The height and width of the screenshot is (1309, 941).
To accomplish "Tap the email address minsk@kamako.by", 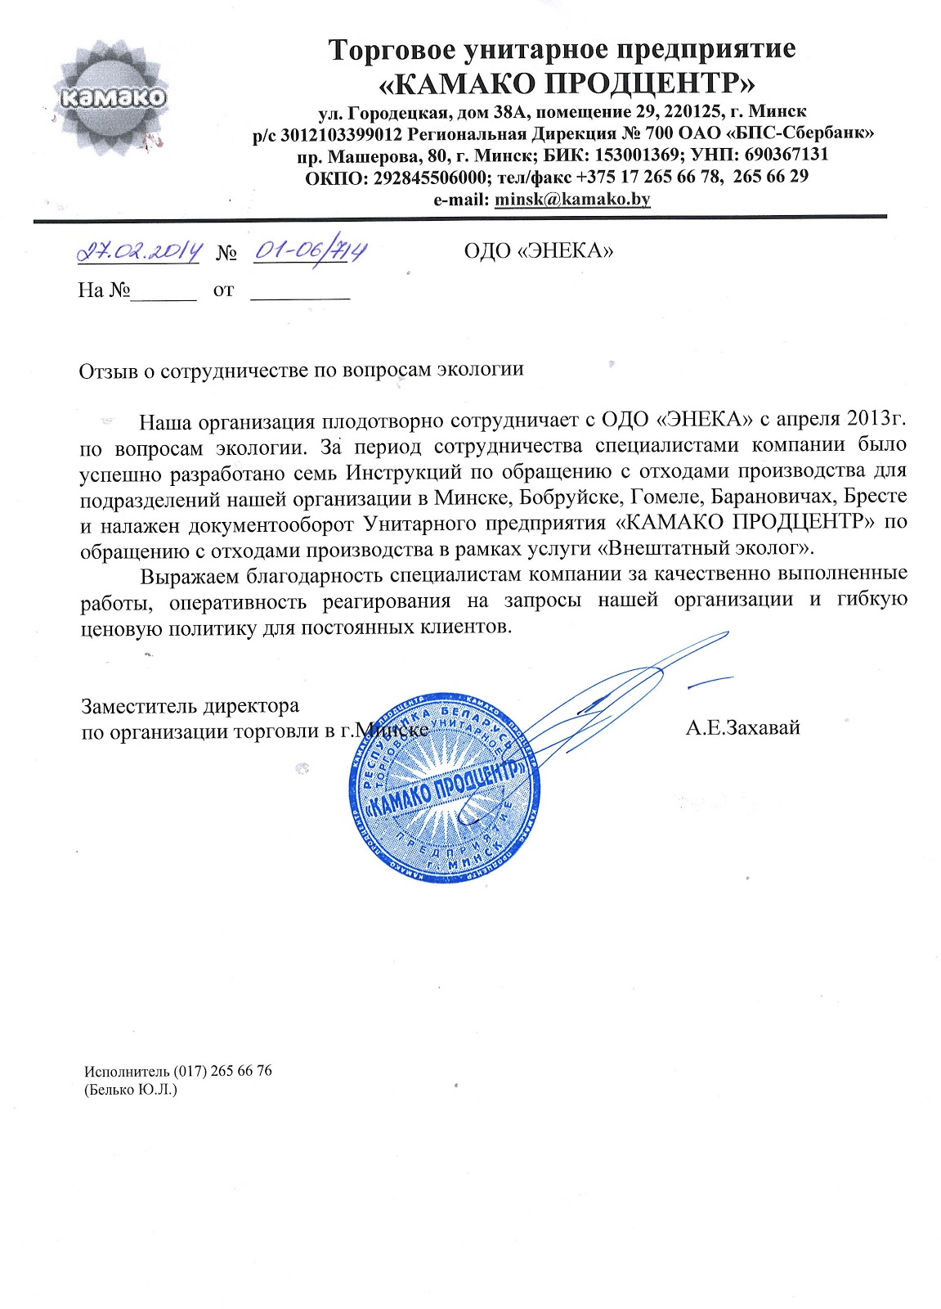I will pyautogui.click(x=573, y=199).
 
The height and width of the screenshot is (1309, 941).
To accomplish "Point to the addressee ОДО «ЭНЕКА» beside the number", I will pyautogui.click(x=538, y=250).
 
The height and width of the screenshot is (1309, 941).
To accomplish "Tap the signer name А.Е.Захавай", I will pyautogui.click(x=742, y=727).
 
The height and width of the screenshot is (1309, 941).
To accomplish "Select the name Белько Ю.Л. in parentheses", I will pyautogui.click(x=131, y=1091).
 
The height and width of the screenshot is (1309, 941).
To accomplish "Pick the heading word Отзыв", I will pyautogui.click(x=104, y=369).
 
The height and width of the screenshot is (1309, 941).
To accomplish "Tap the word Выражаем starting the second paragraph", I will pyautogui.click(x=193, y=576).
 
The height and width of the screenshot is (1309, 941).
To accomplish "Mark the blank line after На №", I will pyautogui.click(x=164, y=290).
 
